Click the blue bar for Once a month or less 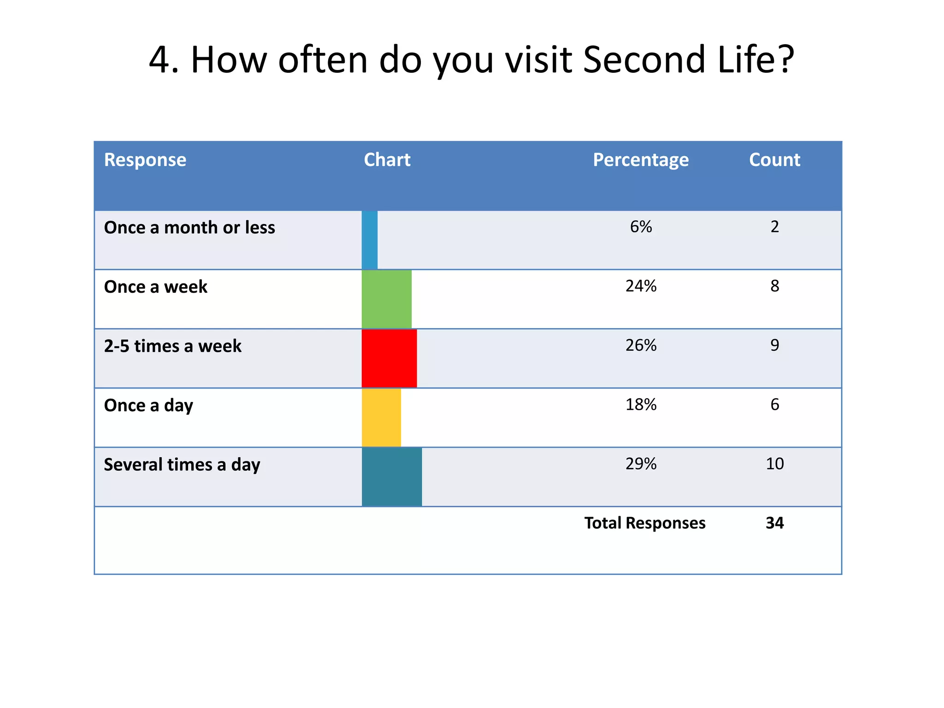point(370,240)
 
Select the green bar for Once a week point(386,299)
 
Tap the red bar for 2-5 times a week point(389,358)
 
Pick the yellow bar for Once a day point(381,418)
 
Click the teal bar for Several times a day point(391,477)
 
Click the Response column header point(145,160)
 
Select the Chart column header point(387,160)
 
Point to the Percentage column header point(641,160)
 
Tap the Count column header point(774,160)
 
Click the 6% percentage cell point(641,227)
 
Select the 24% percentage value point(641,286)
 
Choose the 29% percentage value point(641,464)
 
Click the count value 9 point(774,345)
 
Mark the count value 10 point(774,464)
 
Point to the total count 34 point(774,523)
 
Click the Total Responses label point(644,523)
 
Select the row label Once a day point(148,406)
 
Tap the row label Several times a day point(182,465)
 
